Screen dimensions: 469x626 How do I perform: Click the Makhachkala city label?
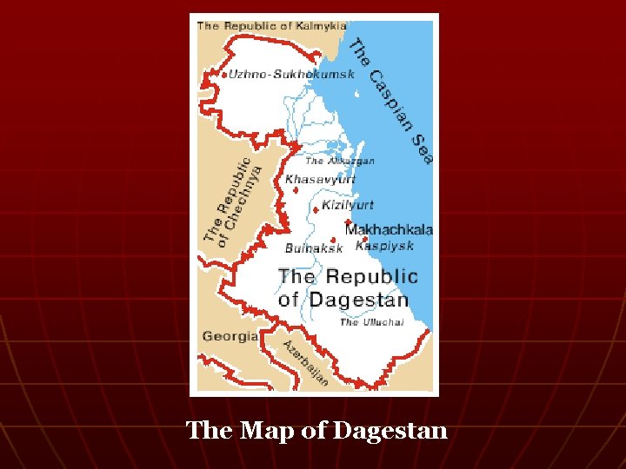click(389, 230)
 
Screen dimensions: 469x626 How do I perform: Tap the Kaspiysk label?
click(384, 246)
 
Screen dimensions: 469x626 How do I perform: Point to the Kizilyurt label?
click(348, 206)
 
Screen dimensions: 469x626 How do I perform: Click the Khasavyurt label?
click(321, 179)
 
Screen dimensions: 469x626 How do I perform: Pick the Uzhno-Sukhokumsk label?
click(292, 74)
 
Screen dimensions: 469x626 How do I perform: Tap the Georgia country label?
click(230, 336)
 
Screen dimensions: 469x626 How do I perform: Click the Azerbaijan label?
click(305, 363)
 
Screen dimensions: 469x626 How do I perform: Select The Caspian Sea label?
click(391, 100)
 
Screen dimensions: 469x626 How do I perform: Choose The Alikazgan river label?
click(340, 161)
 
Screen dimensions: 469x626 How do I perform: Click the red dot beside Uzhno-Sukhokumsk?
click(224, 75)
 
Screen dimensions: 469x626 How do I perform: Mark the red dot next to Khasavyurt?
click(296, 189)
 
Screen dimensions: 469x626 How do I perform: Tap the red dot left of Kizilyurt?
click(316, 208)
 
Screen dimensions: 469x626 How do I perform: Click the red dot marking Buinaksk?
click(334, 240)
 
